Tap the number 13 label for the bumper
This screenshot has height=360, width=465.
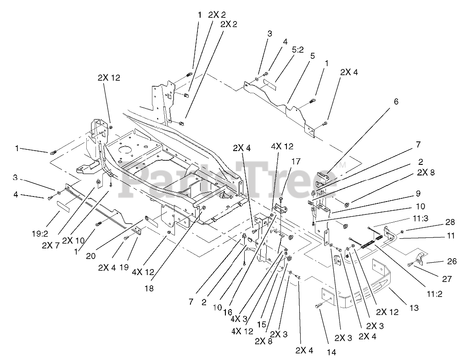[x=414, y=308]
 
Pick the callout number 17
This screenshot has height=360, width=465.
[x=296, y=161]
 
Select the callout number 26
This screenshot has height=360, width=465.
[x=452, y=261]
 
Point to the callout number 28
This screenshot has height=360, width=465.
[x=450, y=222]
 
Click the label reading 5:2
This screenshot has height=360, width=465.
[x=297, y=49]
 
